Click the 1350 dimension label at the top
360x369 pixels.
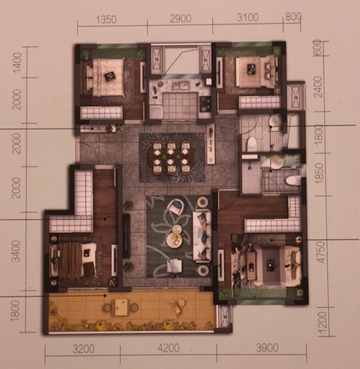[106, 19]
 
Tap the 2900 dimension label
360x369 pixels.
[180, 19]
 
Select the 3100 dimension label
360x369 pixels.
[248, 17]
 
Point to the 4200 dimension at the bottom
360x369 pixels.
[169, 348]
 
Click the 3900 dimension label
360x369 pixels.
[267, 348]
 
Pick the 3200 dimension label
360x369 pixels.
[83, 349]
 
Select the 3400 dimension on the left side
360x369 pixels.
[16, 251]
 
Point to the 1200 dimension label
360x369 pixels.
[322, 320]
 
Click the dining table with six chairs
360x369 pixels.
[172, 157]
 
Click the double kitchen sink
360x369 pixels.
[181, 86]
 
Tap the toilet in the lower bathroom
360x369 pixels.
[293, 181]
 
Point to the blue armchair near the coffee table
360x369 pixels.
[177, 206]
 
